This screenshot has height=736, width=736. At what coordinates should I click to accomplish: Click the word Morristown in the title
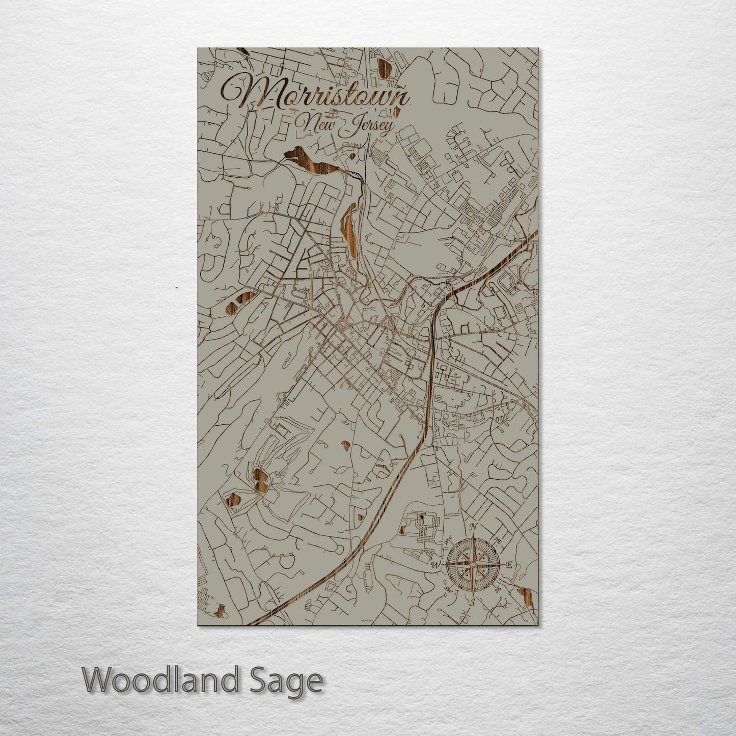coord(315,94)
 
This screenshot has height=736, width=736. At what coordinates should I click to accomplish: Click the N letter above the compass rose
coord(473,527)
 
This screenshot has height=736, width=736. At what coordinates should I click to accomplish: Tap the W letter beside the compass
coord(436,565)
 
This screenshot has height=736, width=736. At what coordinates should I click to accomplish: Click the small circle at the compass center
coord(473,564)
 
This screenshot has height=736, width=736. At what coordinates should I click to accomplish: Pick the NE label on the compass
coord(497,540)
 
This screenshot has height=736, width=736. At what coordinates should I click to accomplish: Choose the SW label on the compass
coord(449,589)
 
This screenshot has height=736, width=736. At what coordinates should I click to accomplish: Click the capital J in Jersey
coord(350,126)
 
